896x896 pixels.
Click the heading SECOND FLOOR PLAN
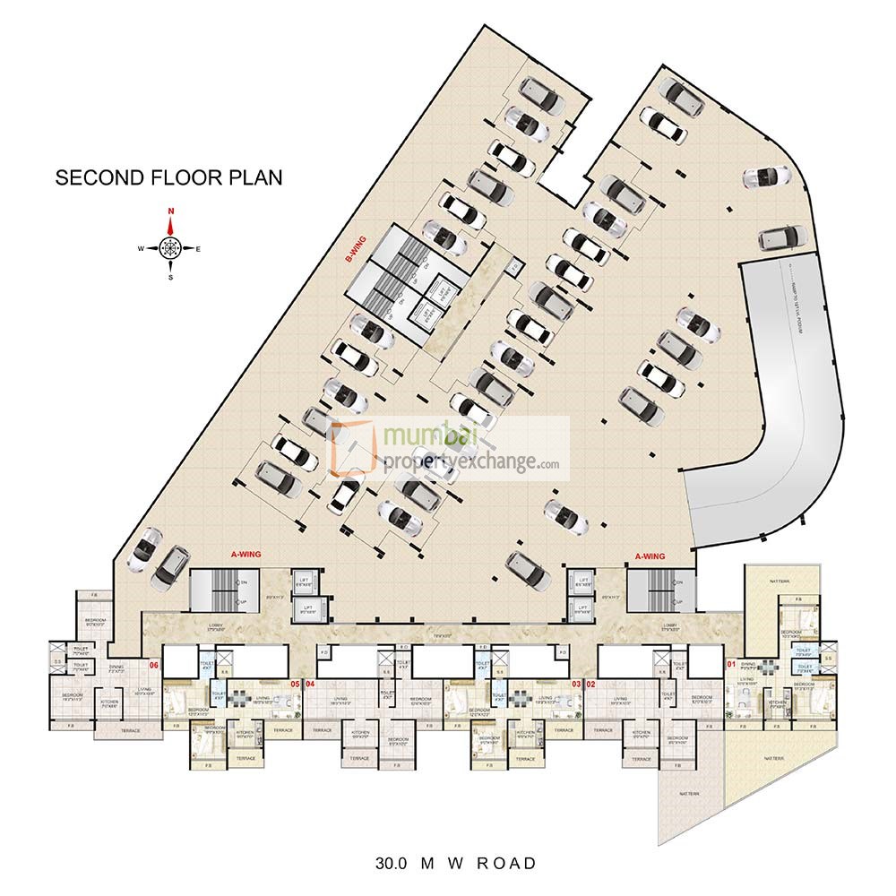pyautogui.click(x=168, y=177)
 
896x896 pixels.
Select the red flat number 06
pyautogui.click(x=154, y=666)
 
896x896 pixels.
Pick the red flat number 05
pyautogui.click(x=295, y=684)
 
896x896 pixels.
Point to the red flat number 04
pyautogui.click(x=310, y=684)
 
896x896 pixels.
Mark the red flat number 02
pyautogui.click(x=591, y=684)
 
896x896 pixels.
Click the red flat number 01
pyautogui.click(x=730, y=665)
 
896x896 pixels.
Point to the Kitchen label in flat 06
pyautogui.click(x=109, y=702)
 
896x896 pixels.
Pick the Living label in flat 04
pyautogui.click(x=340, y=700)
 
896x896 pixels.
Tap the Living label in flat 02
pyautogui.click(x=622, y=700)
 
